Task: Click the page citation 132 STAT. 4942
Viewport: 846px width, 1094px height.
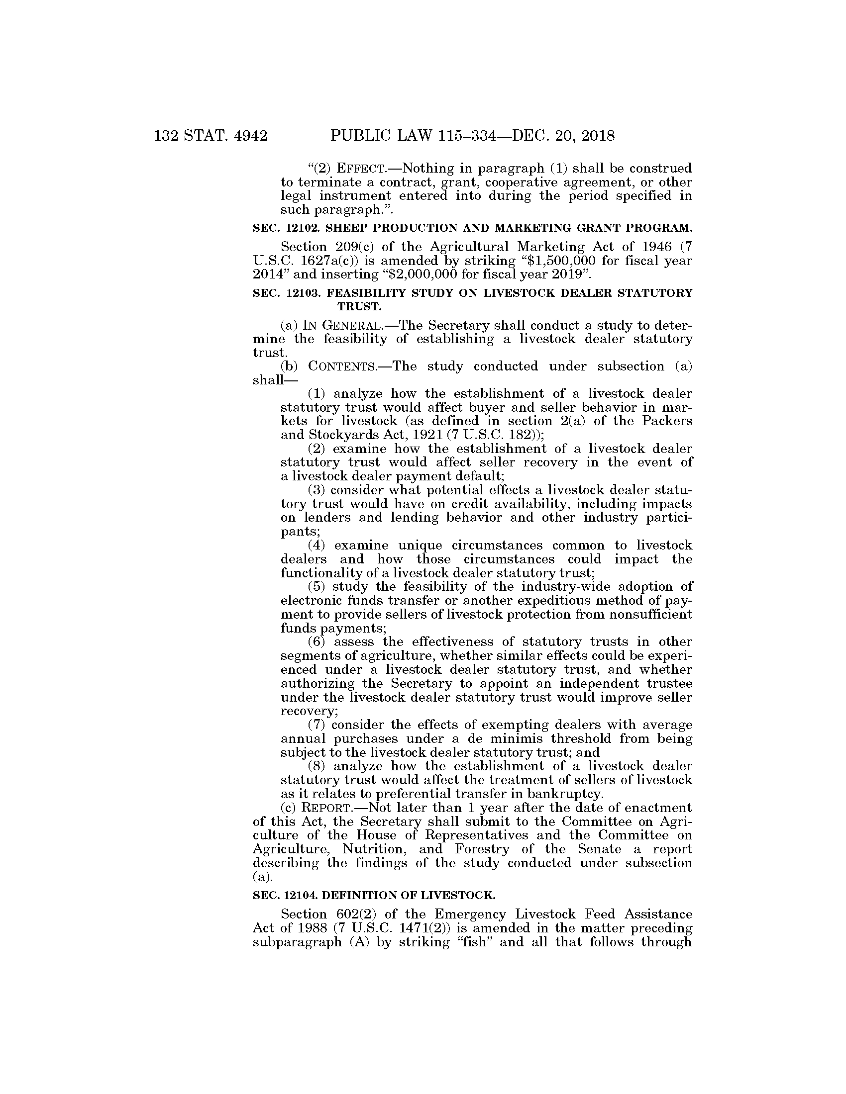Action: point(211,136)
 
